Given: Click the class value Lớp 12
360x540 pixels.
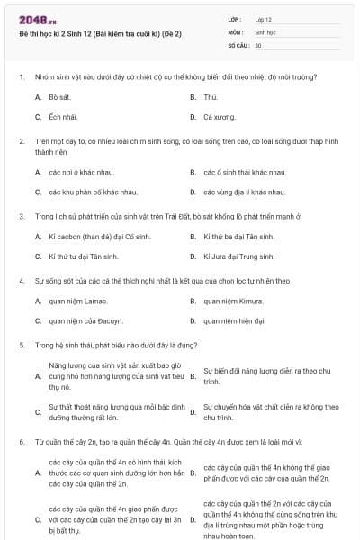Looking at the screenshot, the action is coord(263,19).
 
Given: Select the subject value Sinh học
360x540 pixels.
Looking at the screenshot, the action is coord(264,31).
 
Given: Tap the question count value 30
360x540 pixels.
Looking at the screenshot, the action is coord(258,45).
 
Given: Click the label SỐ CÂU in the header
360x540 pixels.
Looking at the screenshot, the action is coord(238,45).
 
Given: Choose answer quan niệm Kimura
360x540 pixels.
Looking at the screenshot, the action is coord(232,301).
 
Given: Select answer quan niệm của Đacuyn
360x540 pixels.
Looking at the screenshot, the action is coord(85,320).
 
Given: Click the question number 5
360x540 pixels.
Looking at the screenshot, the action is coord(21,345).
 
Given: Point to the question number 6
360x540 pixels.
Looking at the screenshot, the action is coord(21,443).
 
